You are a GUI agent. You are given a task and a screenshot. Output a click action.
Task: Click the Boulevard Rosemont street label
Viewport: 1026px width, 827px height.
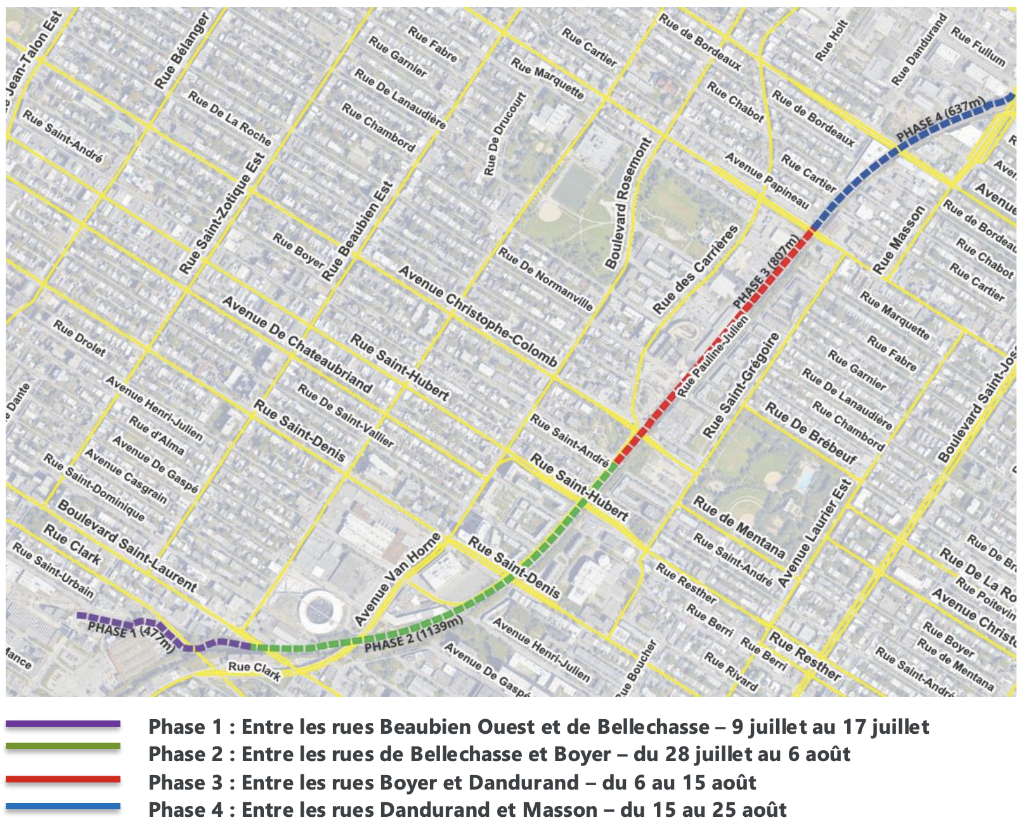coord(627,204)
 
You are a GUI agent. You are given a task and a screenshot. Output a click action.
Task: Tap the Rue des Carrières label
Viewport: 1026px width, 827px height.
coord(696,270)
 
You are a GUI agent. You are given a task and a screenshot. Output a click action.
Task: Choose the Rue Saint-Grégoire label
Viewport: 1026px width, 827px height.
coord(740,386)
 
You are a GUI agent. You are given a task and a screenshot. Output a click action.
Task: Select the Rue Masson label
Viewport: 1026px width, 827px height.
coord(899,240)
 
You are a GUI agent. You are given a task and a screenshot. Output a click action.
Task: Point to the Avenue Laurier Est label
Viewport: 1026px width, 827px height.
coord(814,533)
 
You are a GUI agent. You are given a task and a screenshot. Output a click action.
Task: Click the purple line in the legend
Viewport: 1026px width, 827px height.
coord(63,724)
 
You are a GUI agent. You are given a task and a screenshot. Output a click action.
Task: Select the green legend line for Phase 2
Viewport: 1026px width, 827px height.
coord(63,746)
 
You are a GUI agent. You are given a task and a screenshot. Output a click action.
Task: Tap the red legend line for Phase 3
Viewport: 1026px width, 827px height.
coord(63,779)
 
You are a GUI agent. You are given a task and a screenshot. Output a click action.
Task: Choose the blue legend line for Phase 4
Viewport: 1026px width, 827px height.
coord(63,807)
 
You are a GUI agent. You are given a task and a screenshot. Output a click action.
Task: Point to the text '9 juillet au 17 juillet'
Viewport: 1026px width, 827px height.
coord(830,727)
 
